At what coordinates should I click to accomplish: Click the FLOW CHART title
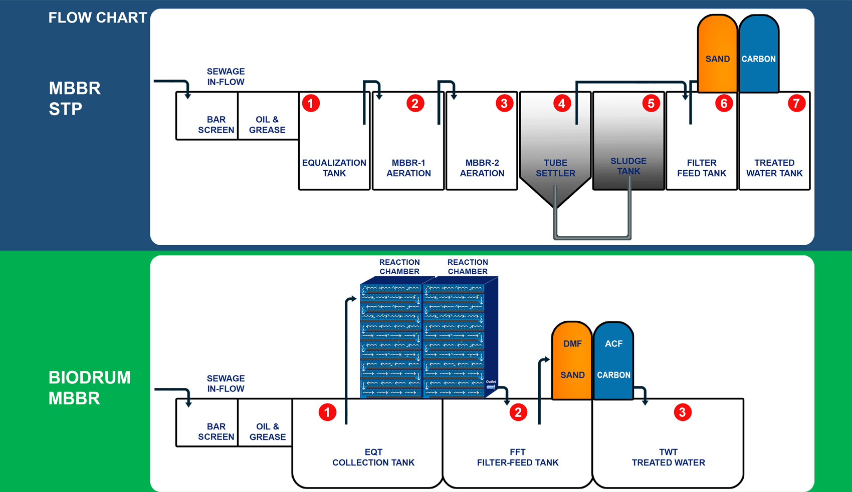pyautogui.click(x=97, y=18)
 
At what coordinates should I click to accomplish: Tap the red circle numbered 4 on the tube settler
pyautogui.click(x=562, y=104)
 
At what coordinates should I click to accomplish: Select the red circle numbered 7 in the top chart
pyautogui.click(x=796, y=104)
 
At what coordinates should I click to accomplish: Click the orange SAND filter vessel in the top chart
pyautogui.click(x=717, y=55)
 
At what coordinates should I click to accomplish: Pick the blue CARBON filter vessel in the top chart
pyautogui.click(x=759, y=55)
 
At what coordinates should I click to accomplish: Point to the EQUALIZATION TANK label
pyautogui.click(x=334, y=168)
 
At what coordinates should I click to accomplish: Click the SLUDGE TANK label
pyautogui.click(x=628, y=166)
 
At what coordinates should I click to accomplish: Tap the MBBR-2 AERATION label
pyautogui.click(x=482, y=168)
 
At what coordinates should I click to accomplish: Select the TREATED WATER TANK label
pyautogui.click(x=774, y=168)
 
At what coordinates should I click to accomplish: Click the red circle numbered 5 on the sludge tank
pyautogui.click(x=651, y=104)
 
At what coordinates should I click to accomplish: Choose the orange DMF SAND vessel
pyautogui.click(x=572, y=360)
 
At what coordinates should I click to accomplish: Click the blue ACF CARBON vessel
pyautogui.click(x=613, y=360)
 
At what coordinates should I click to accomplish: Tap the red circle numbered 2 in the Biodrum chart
pyautogui.click(x=518, y=412)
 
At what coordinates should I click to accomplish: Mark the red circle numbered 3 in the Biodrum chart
pyautogui.click(x=683, y=412)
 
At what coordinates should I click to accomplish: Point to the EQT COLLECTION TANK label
pyautogui.click(x=373, y=457)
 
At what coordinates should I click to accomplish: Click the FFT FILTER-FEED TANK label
pyautogui.click(x=518, y=457)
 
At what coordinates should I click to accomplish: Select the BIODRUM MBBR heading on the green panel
pyautogui.click(x=89, y=388)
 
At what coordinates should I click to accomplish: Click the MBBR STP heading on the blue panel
pyautogui.click(x=75, y=99)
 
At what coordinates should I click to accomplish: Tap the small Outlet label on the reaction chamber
pyautogui.click(x=491, y=382)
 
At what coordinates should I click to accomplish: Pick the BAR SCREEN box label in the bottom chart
pyautogui.click(x=216, y=431)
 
